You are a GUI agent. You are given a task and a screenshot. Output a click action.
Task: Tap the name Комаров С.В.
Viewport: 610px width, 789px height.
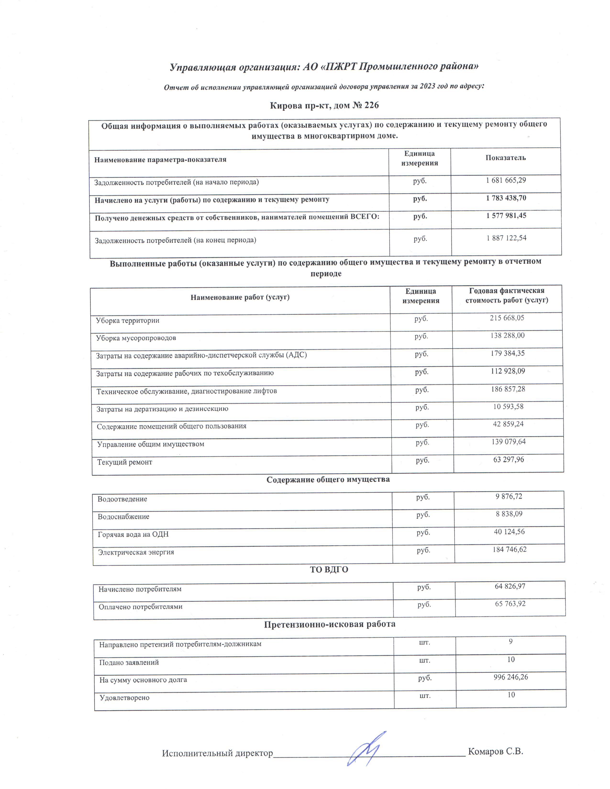495,752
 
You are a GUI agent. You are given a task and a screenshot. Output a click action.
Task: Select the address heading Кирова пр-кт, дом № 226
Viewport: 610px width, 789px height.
324,105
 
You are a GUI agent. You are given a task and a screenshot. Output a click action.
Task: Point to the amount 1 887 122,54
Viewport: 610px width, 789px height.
506,238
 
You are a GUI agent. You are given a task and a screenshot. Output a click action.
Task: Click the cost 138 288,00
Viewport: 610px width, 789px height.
507,336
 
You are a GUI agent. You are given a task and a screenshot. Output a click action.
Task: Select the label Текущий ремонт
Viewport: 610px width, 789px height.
125,462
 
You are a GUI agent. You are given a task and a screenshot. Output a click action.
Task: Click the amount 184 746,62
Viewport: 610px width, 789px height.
509,549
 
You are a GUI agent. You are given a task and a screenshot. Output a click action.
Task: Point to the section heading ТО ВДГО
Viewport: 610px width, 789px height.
329,570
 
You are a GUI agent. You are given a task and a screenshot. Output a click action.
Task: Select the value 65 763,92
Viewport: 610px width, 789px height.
510,604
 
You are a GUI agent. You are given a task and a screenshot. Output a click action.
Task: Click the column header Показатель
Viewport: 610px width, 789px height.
505,158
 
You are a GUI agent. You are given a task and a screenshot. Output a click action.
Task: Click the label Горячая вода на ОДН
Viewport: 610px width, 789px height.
133,534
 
